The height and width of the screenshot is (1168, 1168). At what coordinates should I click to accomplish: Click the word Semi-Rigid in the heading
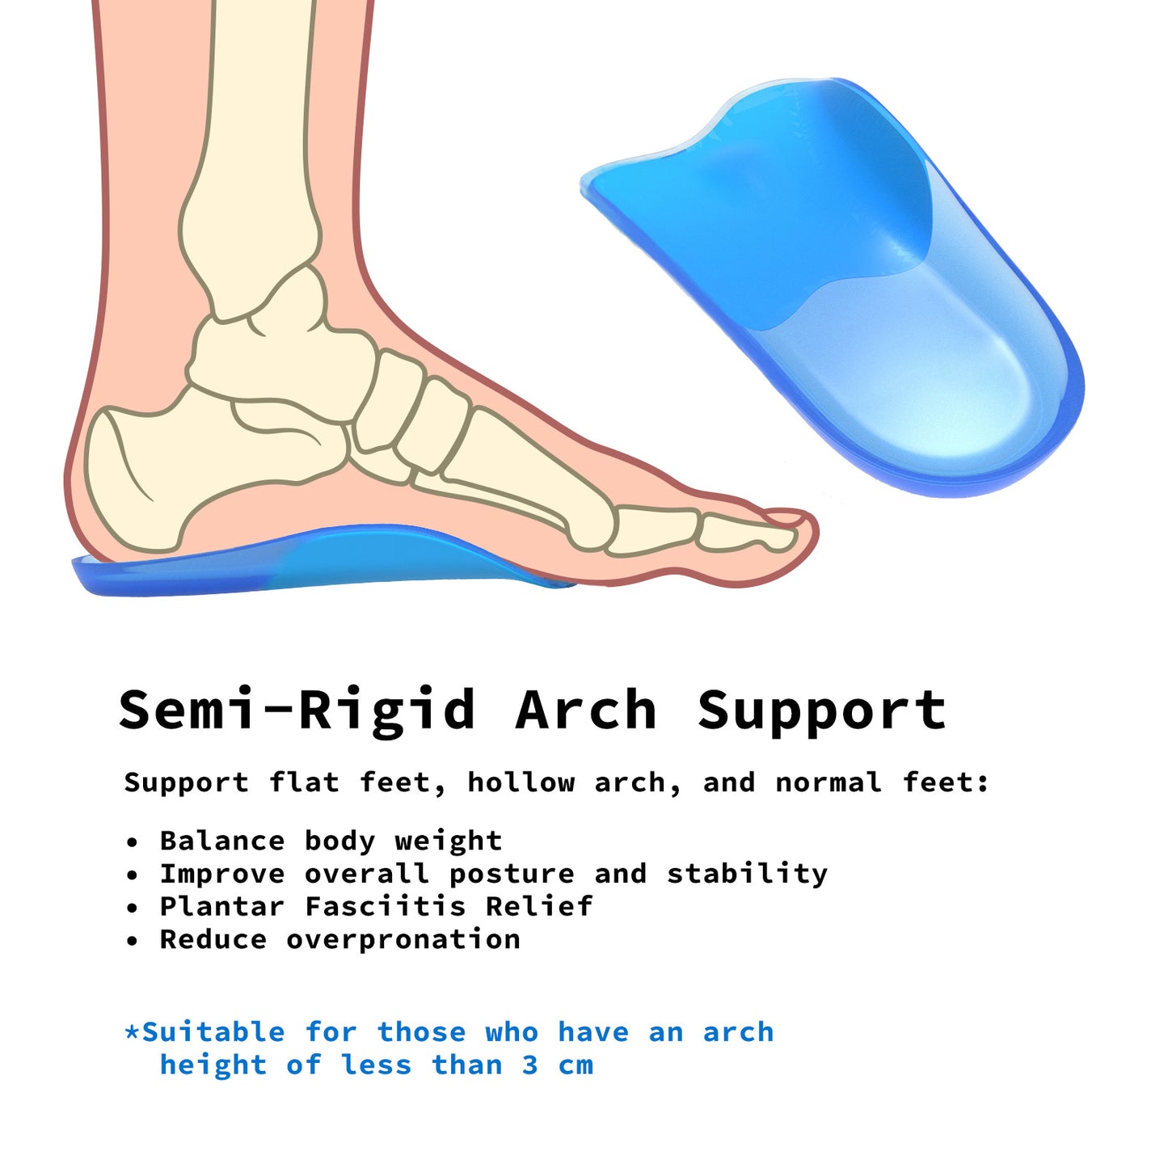click(297, 710)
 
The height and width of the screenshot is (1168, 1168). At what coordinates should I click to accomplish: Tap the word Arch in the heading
click(586, 710)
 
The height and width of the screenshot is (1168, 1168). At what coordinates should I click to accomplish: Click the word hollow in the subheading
click(521, 782)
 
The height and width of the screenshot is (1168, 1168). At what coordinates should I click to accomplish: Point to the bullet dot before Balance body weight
click(133, 842)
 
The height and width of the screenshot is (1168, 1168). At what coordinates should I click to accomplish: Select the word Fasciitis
click(386, 906)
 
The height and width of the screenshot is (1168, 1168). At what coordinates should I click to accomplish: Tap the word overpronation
click(403, 940)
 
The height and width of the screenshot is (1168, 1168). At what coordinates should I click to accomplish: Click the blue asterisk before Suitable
click(132, 1032)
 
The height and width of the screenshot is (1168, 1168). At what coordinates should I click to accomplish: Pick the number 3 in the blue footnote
click(529, 1065)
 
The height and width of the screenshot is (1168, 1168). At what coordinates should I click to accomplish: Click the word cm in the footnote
click(576, 1065)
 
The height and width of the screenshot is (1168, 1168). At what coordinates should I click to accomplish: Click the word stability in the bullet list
click(747, 874)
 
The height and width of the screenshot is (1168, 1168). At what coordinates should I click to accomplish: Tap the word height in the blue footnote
click(213, 1065)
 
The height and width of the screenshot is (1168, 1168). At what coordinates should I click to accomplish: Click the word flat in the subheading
click(304, 782)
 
